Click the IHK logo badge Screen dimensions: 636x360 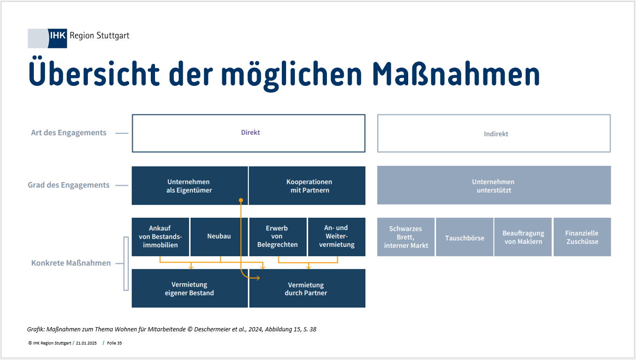47,38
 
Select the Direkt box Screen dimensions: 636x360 248,133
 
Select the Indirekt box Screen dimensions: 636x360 494,133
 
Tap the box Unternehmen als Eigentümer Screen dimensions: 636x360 190,185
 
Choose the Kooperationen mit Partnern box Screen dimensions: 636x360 307,185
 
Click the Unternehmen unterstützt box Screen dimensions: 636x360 494,185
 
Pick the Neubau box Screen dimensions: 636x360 219,237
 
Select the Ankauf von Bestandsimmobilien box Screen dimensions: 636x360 161,237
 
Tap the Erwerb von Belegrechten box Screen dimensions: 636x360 278,237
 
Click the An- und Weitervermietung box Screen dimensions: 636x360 337,237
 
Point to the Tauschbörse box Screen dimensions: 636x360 465,237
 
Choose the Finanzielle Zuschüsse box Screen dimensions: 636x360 582,237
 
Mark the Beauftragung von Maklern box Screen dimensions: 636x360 523,237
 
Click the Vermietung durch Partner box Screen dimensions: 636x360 307,288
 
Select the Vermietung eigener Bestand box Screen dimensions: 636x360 190,288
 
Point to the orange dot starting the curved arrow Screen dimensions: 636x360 241,200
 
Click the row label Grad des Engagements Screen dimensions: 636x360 69,185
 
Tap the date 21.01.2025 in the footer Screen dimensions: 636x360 86,343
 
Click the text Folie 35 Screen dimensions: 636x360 115,343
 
